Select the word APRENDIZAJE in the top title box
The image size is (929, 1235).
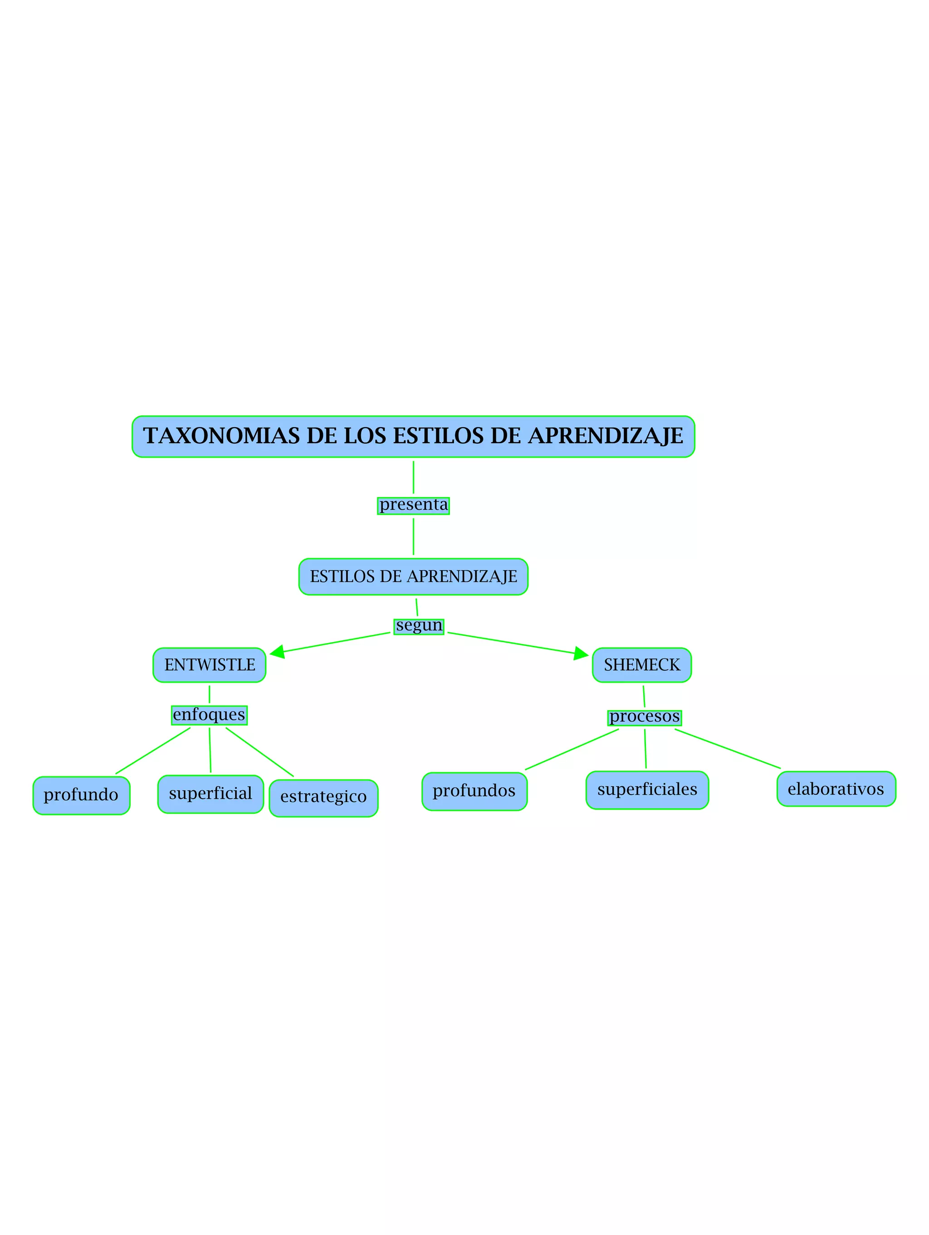coord(605,436)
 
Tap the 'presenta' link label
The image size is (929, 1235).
coord(413,505)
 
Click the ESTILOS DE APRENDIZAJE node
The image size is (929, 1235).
coord(413,576)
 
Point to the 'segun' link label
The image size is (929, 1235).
coord(419,626)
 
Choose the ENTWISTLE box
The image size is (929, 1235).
coord(210,665)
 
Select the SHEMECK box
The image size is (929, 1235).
coord(641,665)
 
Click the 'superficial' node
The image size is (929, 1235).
coord(210,793)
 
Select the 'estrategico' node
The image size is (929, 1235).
coord(323,797)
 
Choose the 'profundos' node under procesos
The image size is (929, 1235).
coord(474,791)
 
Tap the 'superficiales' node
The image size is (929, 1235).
coord(647,790)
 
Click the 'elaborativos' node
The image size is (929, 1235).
coord(836,789)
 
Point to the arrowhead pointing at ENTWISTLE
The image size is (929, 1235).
coord(278,652)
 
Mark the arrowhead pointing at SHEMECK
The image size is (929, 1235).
coord(581,653)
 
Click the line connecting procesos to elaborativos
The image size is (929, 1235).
coord(728,749)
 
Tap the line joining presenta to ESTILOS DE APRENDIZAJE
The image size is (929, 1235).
coord(413,536)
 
